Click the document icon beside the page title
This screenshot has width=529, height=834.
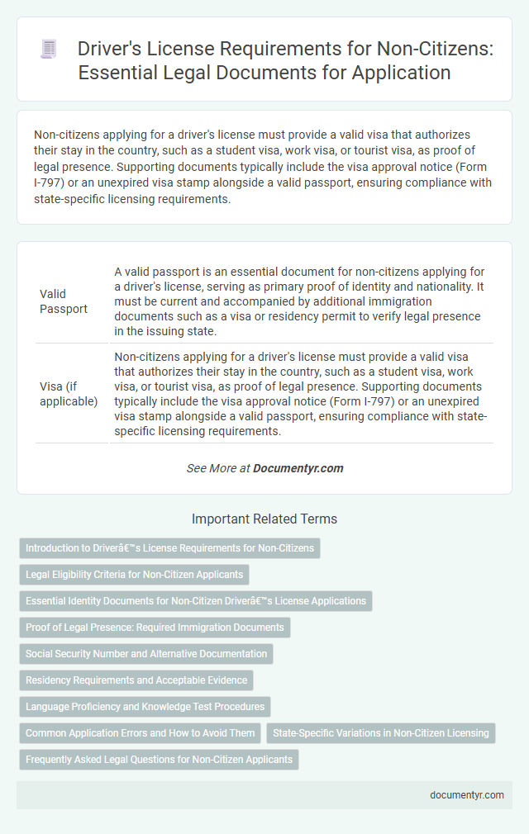pos(48,50)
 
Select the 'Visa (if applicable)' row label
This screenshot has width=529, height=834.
pos(69,392)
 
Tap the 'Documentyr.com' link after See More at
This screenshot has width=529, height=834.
pos(298,467)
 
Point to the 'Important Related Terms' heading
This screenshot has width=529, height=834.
pos(264,519)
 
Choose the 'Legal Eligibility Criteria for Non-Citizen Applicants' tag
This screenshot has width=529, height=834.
pos(134,575)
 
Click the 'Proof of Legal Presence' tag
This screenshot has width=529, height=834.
pos(155,628)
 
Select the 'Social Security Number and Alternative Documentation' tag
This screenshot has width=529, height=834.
pos(146,654)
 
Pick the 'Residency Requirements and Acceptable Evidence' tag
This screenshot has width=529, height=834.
pos(136,680)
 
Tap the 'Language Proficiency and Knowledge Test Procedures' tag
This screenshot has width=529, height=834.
pos(145,707)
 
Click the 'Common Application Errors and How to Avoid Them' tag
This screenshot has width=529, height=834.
pos(141,733)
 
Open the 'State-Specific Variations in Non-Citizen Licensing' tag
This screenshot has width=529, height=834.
pos(380,733)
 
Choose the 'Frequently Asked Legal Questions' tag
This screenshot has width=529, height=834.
pos(159,760)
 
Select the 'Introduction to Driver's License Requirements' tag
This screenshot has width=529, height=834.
pos(169,548)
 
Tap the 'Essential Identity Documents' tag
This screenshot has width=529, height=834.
pos(196,601)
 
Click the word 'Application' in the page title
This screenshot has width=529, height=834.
pos(406,72)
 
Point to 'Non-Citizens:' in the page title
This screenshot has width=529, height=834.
pos(403,49)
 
